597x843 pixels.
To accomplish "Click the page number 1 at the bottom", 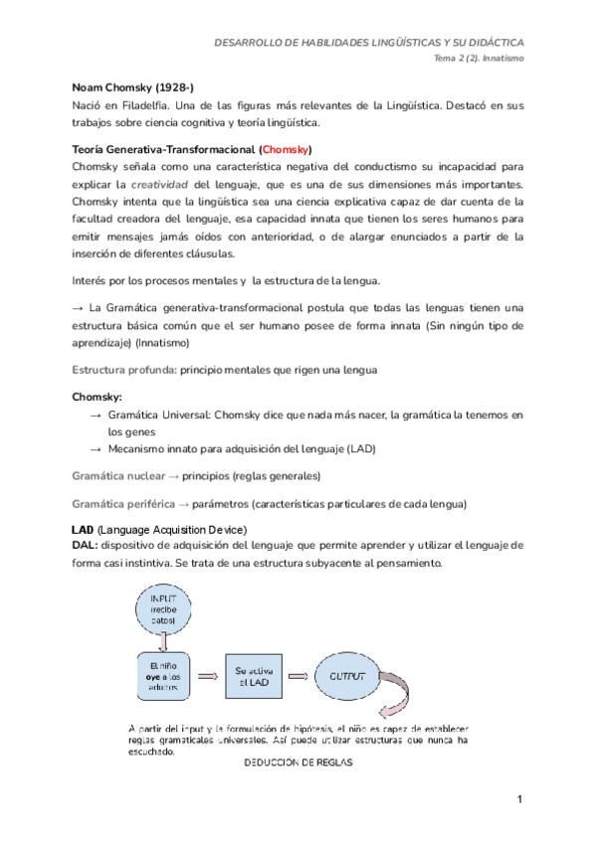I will [x=518, y=800].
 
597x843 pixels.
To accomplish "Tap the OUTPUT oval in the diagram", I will [x=340, y=676].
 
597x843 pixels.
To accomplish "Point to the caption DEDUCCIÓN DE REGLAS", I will [x=293, y=763].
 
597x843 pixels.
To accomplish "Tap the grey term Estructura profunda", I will [x=122, y=370].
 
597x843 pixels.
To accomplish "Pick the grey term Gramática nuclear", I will [x=116, y=475].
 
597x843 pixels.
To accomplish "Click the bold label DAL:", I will [x=86, y=545].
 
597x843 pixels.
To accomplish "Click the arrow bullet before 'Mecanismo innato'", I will [x=96, y=449].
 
